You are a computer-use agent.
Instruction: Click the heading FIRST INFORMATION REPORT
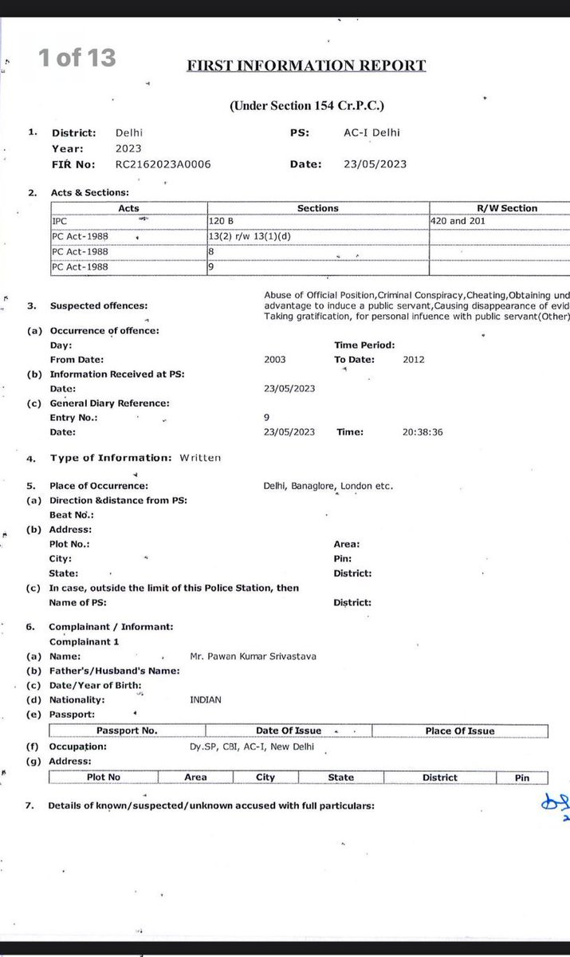click(306, 66)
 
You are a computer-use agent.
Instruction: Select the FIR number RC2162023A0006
click(163, 164)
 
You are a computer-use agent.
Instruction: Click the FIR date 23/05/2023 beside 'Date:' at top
click(375, 164)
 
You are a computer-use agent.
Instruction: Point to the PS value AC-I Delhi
click(367, 133)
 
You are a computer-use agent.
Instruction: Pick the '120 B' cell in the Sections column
click(219, 221)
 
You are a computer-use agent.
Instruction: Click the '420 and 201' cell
click(459, 221)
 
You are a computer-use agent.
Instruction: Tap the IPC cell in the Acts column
click(61, 221)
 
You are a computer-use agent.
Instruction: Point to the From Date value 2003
click(274, 360)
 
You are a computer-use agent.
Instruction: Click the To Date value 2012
click(414, 360)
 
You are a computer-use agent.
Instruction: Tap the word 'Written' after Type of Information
click(200, 458)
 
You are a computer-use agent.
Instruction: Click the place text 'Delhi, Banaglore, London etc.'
click(328, 486)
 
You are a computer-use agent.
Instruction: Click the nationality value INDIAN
click(206, 699)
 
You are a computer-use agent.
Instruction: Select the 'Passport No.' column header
click(127, 731)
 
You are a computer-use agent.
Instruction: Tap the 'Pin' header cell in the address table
click(521, 778)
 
